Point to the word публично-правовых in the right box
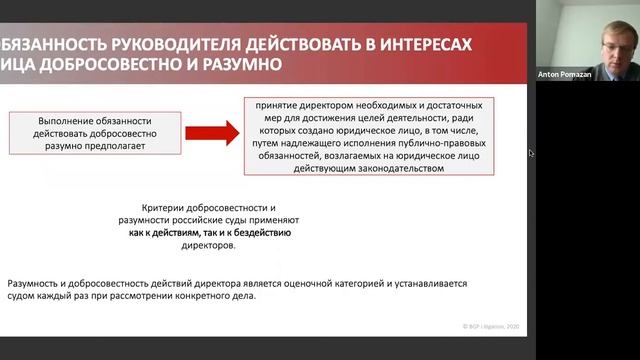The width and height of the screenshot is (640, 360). (x=433, y=142)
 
